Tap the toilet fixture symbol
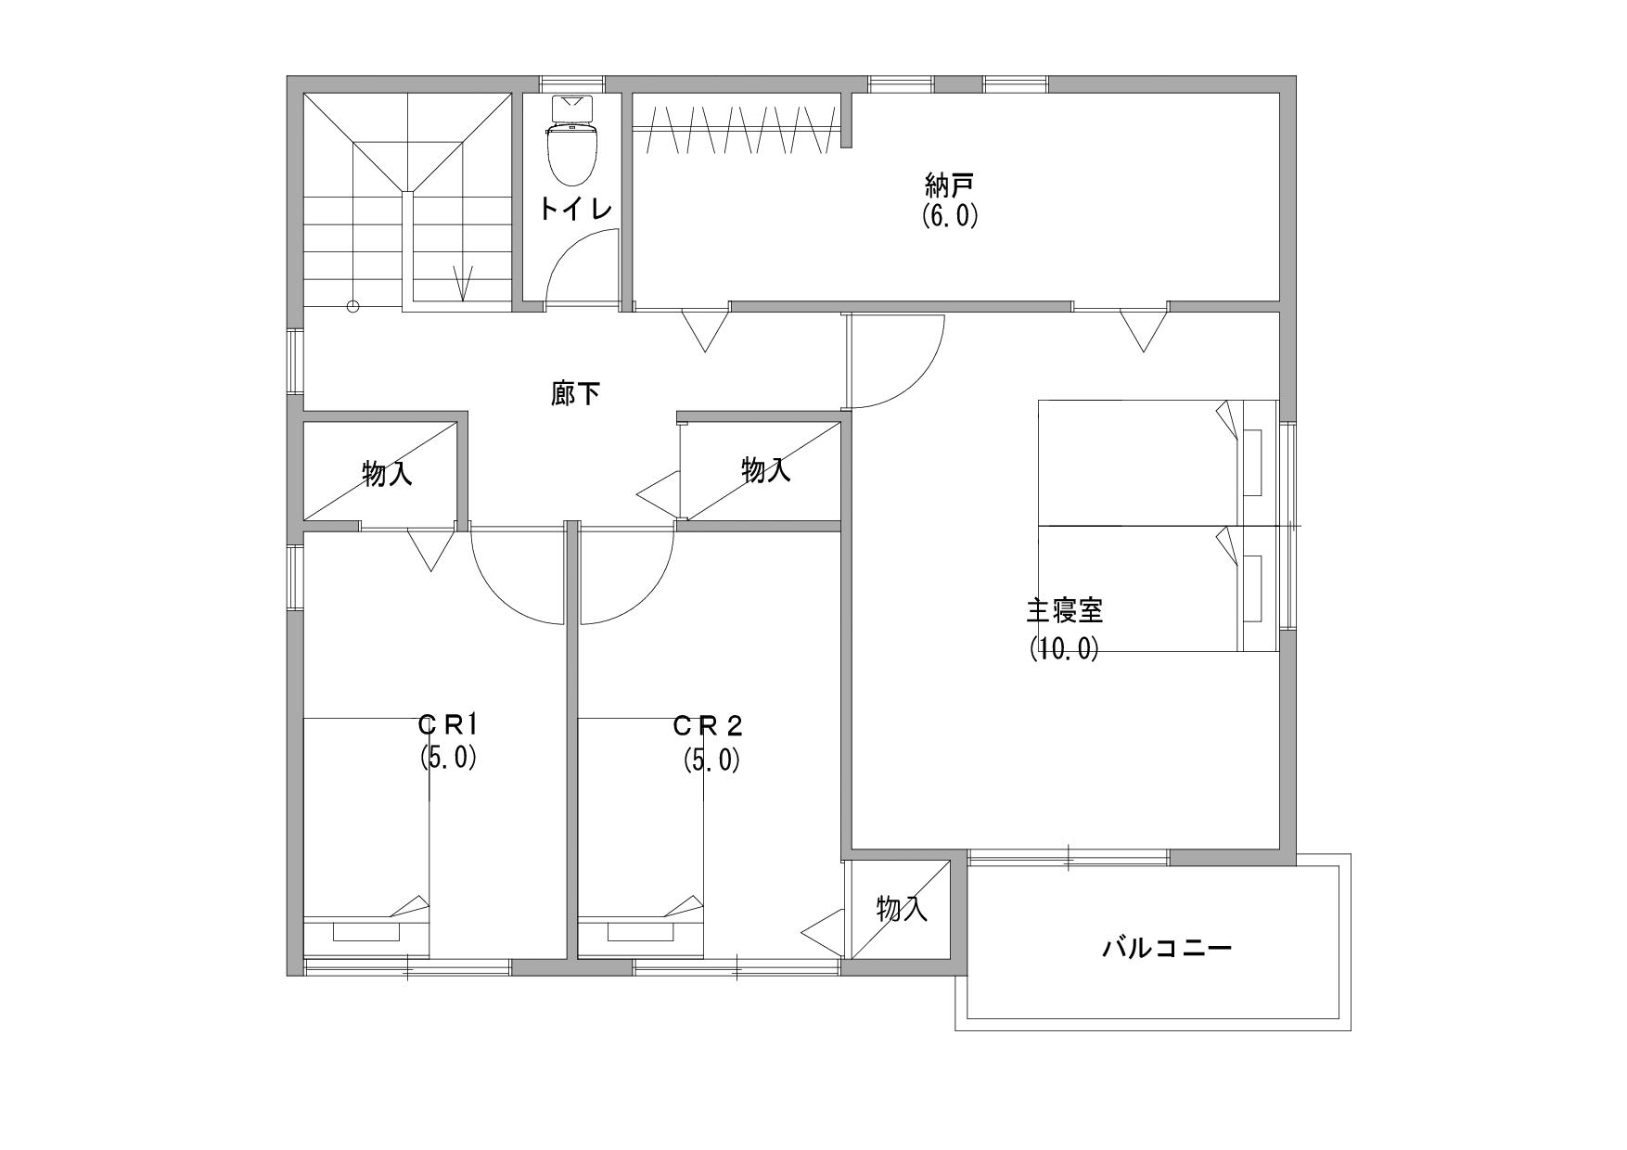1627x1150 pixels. [574, 140]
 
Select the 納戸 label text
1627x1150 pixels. [949, 185]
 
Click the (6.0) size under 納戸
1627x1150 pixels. [950, 216]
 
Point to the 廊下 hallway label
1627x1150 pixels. [575, 395]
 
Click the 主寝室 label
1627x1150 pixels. [1064, 612]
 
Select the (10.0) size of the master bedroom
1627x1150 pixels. [1064, 648]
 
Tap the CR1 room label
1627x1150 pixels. [447, 723]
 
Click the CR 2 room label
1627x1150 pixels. [709, 724]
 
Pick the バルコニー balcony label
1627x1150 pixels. [1167, 949]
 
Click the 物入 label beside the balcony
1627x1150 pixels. [902, 909]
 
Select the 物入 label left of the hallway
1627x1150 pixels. [387, 475]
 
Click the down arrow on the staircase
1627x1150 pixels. [462, 283]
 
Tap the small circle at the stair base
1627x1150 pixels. [352, 306]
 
